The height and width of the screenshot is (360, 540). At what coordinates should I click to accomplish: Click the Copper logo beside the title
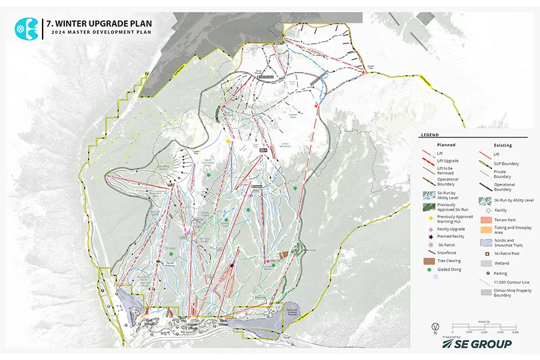[26, 28]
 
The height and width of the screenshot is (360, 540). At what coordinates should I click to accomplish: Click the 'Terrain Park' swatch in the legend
[486, 221]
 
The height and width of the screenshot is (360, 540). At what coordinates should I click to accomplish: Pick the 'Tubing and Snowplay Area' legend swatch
[486, 231]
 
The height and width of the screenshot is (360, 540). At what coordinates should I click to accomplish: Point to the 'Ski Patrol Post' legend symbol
[486, 253]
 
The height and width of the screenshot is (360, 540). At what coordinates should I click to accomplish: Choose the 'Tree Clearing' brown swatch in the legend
[429, 261]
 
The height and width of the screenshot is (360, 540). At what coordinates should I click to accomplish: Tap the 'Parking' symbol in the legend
[486, 273]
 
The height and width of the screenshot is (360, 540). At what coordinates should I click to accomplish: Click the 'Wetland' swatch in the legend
[486, 263]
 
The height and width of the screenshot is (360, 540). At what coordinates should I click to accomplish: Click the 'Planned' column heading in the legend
[446, 145]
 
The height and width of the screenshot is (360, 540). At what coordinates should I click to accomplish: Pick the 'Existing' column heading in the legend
[502, 145]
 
